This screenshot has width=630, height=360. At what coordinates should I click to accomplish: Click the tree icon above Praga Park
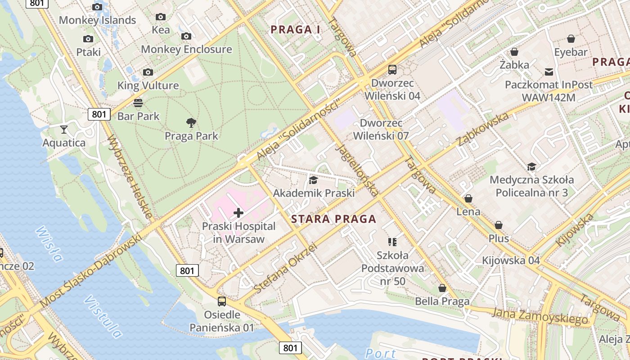(191, 122)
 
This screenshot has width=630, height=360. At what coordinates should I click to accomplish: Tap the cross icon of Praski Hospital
(238, 213)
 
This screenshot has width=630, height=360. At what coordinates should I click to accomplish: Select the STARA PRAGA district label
(333, 219)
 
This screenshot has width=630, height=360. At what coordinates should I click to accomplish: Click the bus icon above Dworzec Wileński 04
(392, 70)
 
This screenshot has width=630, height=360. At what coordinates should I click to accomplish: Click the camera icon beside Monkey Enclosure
(186, 36)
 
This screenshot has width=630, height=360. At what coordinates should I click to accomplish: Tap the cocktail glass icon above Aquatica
(64, 130)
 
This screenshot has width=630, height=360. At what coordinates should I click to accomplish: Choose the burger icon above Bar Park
(138, 103)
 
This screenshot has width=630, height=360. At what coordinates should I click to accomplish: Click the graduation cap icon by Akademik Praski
(313, 180)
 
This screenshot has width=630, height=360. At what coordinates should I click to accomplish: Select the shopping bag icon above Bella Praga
(442, 288)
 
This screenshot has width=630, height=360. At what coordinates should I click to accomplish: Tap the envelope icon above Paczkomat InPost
(549, 72)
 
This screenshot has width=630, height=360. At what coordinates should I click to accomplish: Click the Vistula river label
(103, 317)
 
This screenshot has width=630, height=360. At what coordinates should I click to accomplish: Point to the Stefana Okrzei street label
(285, 268)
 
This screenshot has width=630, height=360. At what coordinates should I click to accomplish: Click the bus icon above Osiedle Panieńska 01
(222, 301)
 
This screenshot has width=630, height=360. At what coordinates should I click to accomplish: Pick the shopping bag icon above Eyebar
(571, 39)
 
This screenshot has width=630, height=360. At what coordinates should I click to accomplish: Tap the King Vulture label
(148, 85)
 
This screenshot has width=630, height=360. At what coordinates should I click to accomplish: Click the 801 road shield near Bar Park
(99, 114)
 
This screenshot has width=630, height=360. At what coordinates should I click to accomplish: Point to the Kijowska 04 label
(511, 261)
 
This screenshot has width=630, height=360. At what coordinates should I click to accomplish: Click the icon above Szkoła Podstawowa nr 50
(392, 242)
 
